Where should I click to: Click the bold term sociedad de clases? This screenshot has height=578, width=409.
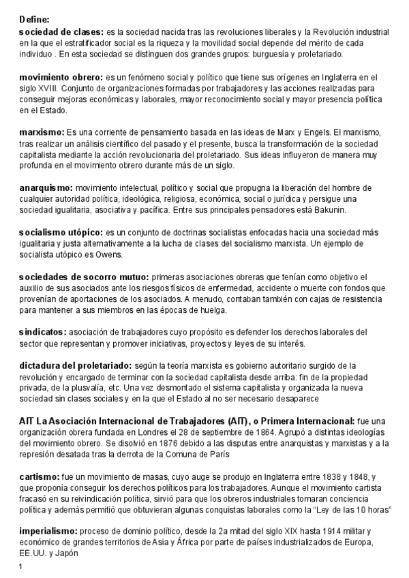(61, 32)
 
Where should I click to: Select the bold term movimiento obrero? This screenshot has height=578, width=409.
(60, 78)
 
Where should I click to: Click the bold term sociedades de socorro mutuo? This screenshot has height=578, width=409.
(83, 277)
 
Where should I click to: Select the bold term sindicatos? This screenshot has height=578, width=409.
(43, 331)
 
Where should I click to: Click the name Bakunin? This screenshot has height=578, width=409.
(331, 209)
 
